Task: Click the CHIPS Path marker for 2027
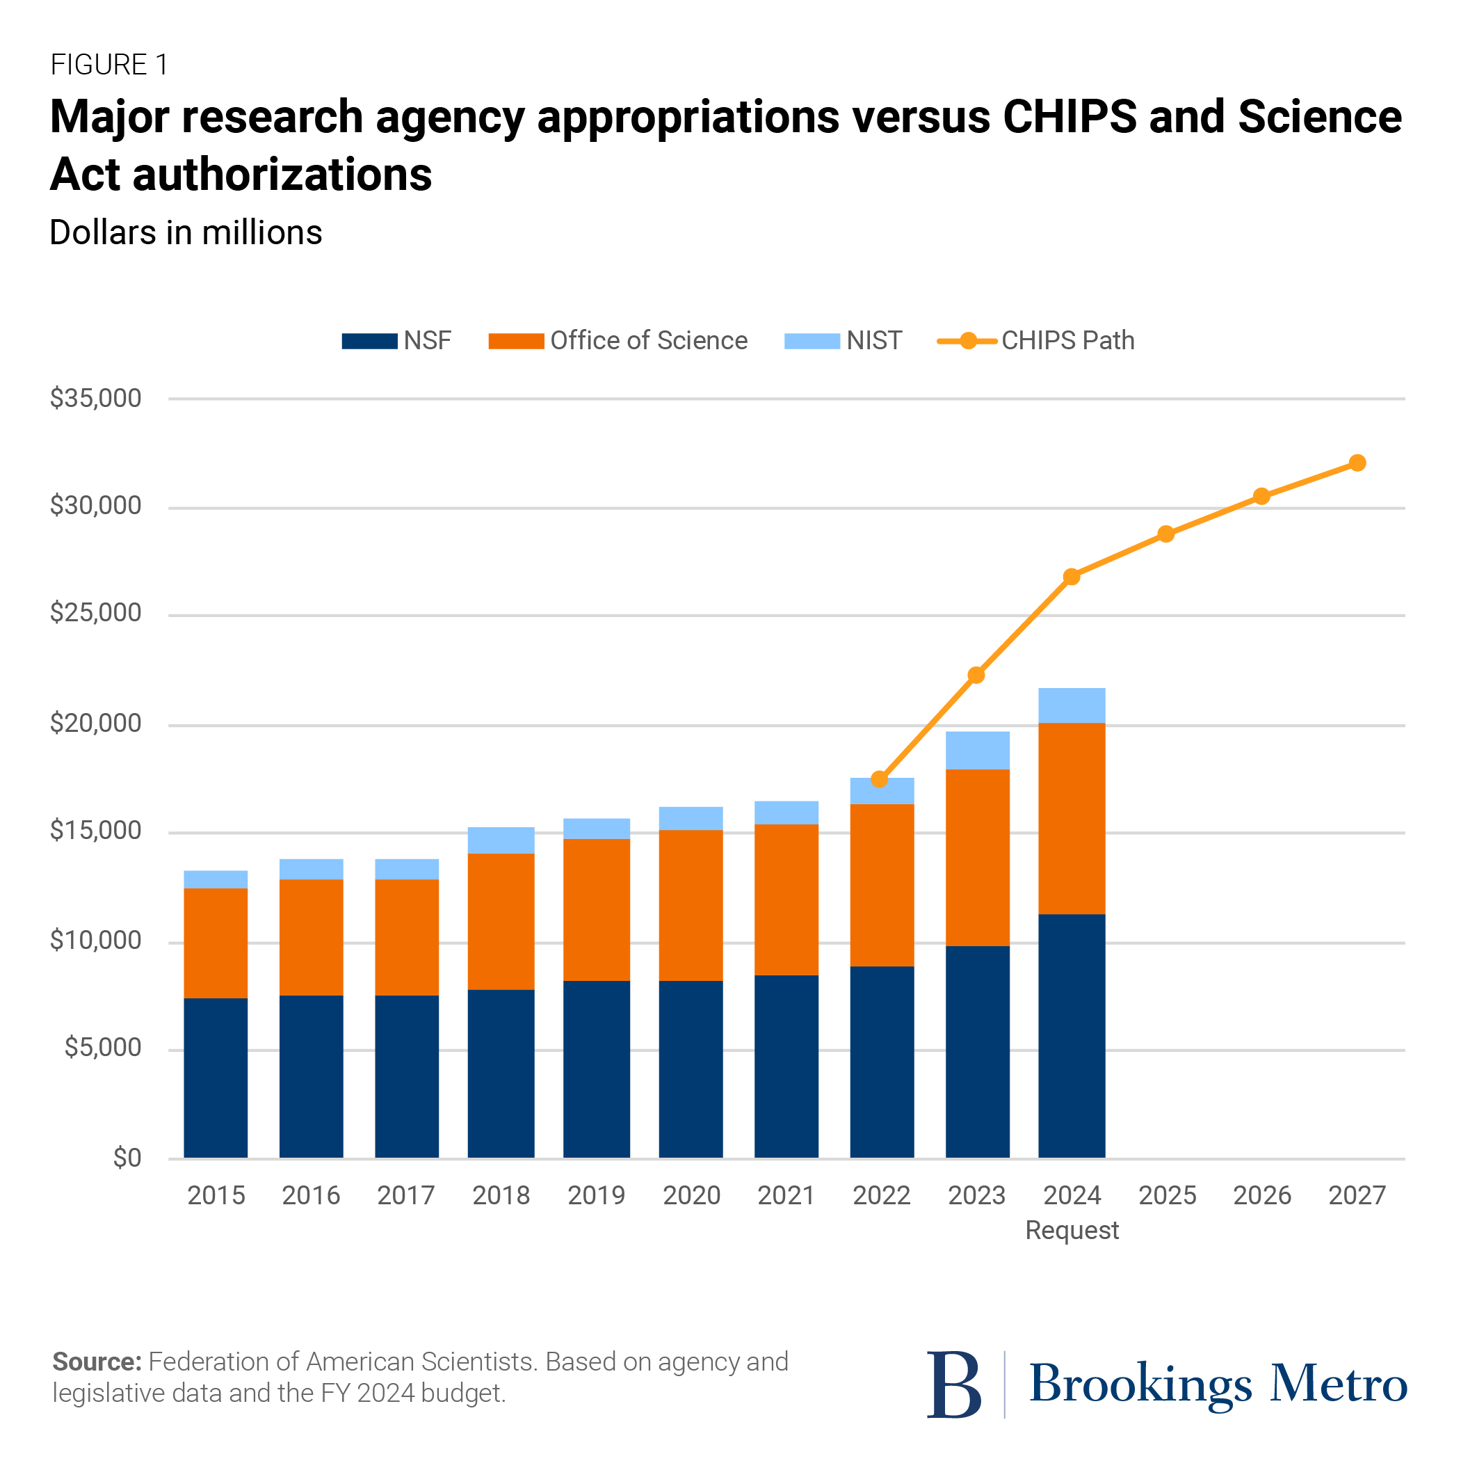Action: click(x=1357, y=463)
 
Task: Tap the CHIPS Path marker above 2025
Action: click(x=1166, y=534)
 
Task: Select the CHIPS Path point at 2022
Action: click(x=879, y=779)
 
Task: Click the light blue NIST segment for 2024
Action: click(x=1072, y=706)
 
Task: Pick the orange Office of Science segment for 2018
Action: click(x=501, y=922)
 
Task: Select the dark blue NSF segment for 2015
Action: click(x=216, y=1078)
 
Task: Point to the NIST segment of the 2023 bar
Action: click(x=977, y=751)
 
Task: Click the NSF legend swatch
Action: click(x=369, y=341)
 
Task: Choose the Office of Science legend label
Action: click(x=649, y=341)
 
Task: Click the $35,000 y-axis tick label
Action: click(x=95, y=398)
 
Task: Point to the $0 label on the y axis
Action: click(x=127, y=1158)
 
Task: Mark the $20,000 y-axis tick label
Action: click(x=95, y=724)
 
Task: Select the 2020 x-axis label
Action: click(x=691, y=1195)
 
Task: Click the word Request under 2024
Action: click(x=1072, y=1230)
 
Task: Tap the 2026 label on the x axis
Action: click(x=1262, y=1195)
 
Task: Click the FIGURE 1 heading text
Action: click(x=110, y=65)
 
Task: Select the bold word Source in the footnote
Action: click(x=97, y=1362)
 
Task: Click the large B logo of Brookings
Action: click(x=954, y=1384)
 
